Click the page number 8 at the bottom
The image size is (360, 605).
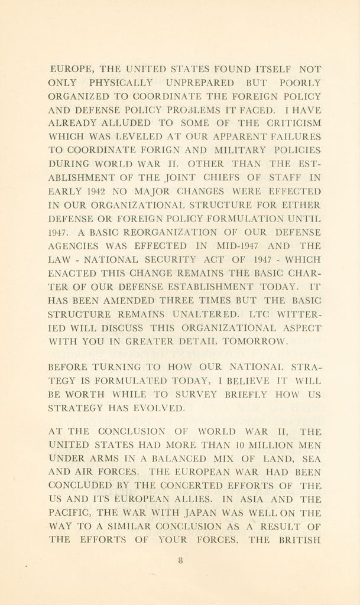(x=180, y=562)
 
